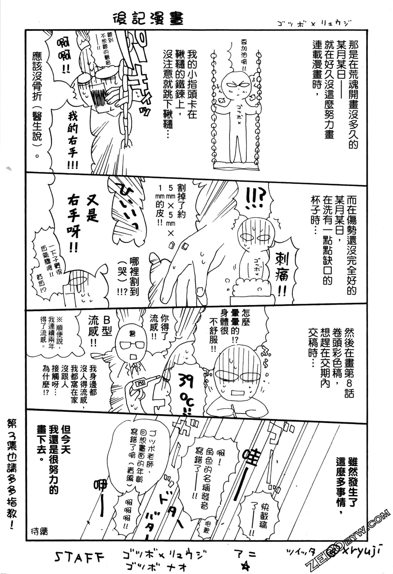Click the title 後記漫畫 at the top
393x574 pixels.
pos(148,19)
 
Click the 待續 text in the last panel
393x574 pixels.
pos(39,531)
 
